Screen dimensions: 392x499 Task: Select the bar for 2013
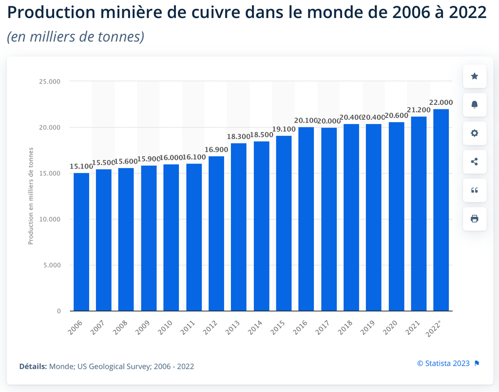click(x=239, y=227)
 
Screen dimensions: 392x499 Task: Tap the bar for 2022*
click(x=441, y=210)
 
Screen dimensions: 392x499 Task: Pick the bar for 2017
click(x=328, y=219)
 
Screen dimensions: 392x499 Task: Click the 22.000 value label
click(x=441, y=103)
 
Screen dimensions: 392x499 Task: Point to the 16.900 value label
click(x=216, y=149)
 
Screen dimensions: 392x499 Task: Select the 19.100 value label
click(x=284, y=129)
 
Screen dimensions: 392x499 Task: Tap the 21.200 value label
click(x=419, y=110)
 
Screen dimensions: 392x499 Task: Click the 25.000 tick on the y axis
click(x=49, y=82)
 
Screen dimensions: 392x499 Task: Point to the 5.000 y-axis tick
click(x=51, y=265)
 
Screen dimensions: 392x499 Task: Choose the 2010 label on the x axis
click(x=165, y=327)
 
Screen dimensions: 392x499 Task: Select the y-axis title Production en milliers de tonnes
click(x=31, y=195)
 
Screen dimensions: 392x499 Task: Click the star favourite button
click(x=474, y=76)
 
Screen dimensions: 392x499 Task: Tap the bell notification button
click(x=474, y=104)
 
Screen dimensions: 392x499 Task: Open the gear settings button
click(x=474, y=133)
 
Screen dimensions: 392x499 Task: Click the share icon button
click(x=474, y=162)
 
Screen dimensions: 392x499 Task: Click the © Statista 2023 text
click(x=443, y=363)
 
